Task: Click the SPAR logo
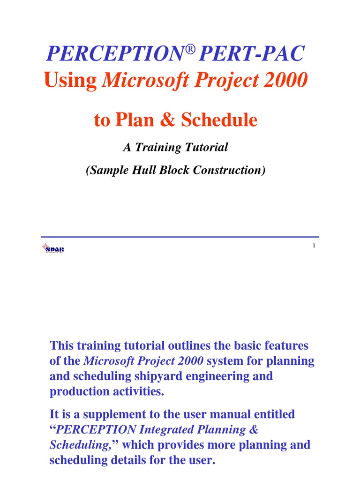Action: coord(52,248)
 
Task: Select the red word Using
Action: coord(70,81)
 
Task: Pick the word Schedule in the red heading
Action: coord(219,120)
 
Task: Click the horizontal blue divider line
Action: coord(180,237)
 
